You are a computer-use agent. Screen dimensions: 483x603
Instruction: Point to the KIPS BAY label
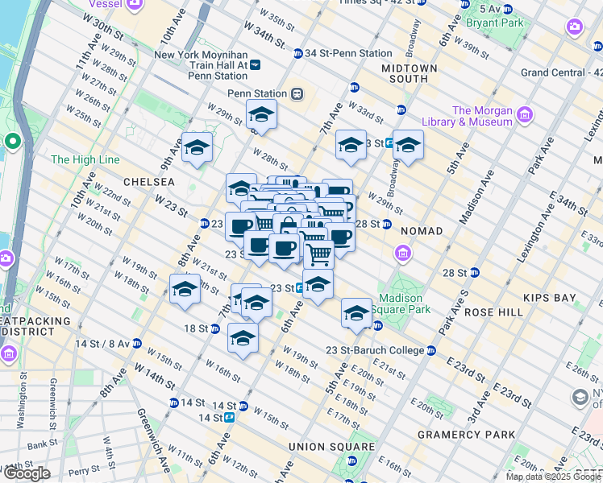pos(549,298)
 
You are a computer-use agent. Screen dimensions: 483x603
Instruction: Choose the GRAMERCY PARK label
pos(466,435)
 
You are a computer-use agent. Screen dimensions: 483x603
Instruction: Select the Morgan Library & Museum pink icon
pos(526,116)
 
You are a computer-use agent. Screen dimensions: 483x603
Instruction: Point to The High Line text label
pos(85,159)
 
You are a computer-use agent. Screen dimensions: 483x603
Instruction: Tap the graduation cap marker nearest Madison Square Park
pos(356,313)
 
